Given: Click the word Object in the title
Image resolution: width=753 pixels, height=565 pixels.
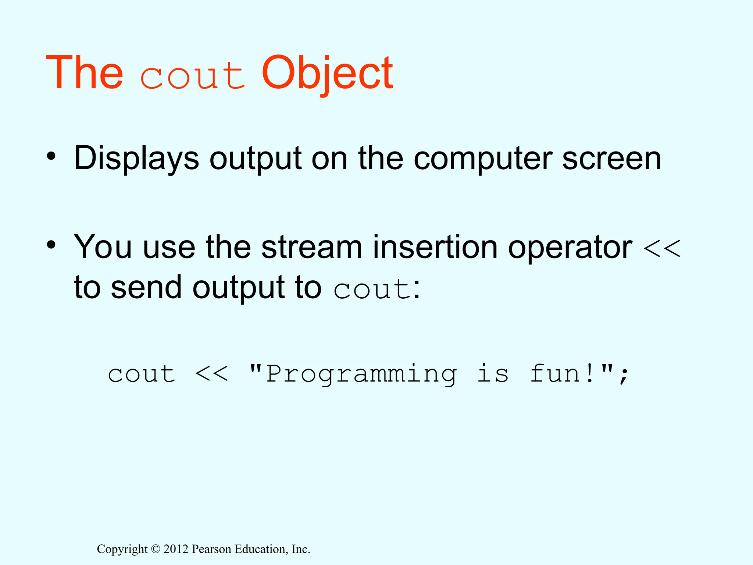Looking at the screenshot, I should click(x=327, y=73).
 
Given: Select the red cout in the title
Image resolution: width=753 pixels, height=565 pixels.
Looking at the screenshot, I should click(x=192, y=77).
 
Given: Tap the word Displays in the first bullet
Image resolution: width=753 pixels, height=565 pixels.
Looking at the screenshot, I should click(x=136, y=159).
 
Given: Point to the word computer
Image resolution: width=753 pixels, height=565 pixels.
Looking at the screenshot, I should click(x=483, y=159).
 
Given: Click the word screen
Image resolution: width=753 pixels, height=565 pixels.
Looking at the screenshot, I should click(x=611, y=159).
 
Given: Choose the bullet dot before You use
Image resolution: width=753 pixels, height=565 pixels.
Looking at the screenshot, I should click(x=51, y=245).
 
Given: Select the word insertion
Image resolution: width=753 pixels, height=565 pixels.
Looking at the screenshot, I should click(x=435, y=247).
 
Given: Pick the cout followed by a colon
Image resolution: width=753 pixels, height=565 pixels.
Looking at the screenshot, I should click(x=372, y=289).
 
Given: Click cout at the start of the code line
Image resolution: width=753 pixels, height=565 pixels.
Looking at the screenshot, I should click(x=142, y=374).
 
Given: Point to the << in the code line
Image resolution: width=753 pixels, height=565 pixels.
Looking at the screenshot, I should click(x=211, y=374).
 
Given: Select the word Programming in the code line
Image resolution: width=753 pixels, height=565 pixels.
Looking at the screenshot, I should click(x=361, y=375).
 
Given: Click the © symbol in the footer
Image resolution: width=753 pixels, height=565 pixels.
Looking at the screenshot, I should click(x=156, y=549).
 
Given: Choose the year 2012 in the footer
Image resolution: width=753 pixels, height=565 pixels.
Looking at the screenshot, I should click(x=176, y=549).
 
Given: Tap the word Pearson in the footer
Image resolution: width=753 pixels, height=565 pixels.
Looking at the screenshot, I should click(x=212, y=549).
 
